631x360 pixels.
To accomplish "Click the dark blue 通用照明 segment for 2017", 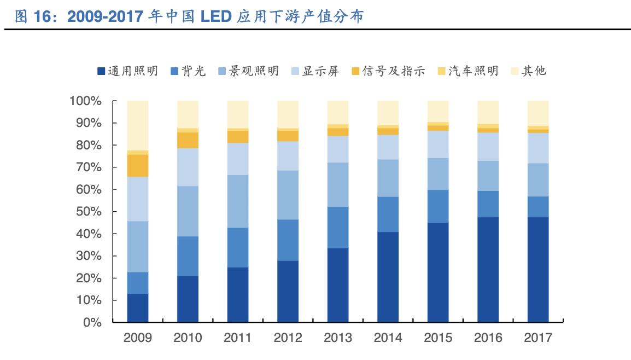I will [538, 270].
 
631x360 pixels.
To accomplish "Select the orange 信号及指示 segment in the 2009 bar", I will [138, 165].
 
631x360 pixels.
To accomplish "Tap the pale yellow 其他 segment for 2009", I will [138, 125].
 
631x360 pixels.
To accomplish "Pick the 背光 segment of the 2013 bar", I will [338, 228].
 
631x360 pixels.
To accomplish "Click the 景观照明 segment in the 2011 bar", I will [238, 201].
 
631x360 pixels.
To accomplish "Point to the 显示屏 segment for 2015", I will [438, 144].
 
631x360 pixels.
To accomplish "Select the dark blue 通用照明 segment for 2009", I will [138, 308].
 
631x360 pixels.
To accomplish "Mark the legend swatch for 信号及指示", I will [355, 71].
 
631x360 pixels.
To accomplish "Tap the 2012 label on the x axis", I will [288, 338].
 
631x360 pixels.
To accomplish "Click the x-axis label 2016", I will [488, 338].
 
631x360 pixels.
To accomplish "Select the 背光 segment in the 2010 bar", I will [188, 256].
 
